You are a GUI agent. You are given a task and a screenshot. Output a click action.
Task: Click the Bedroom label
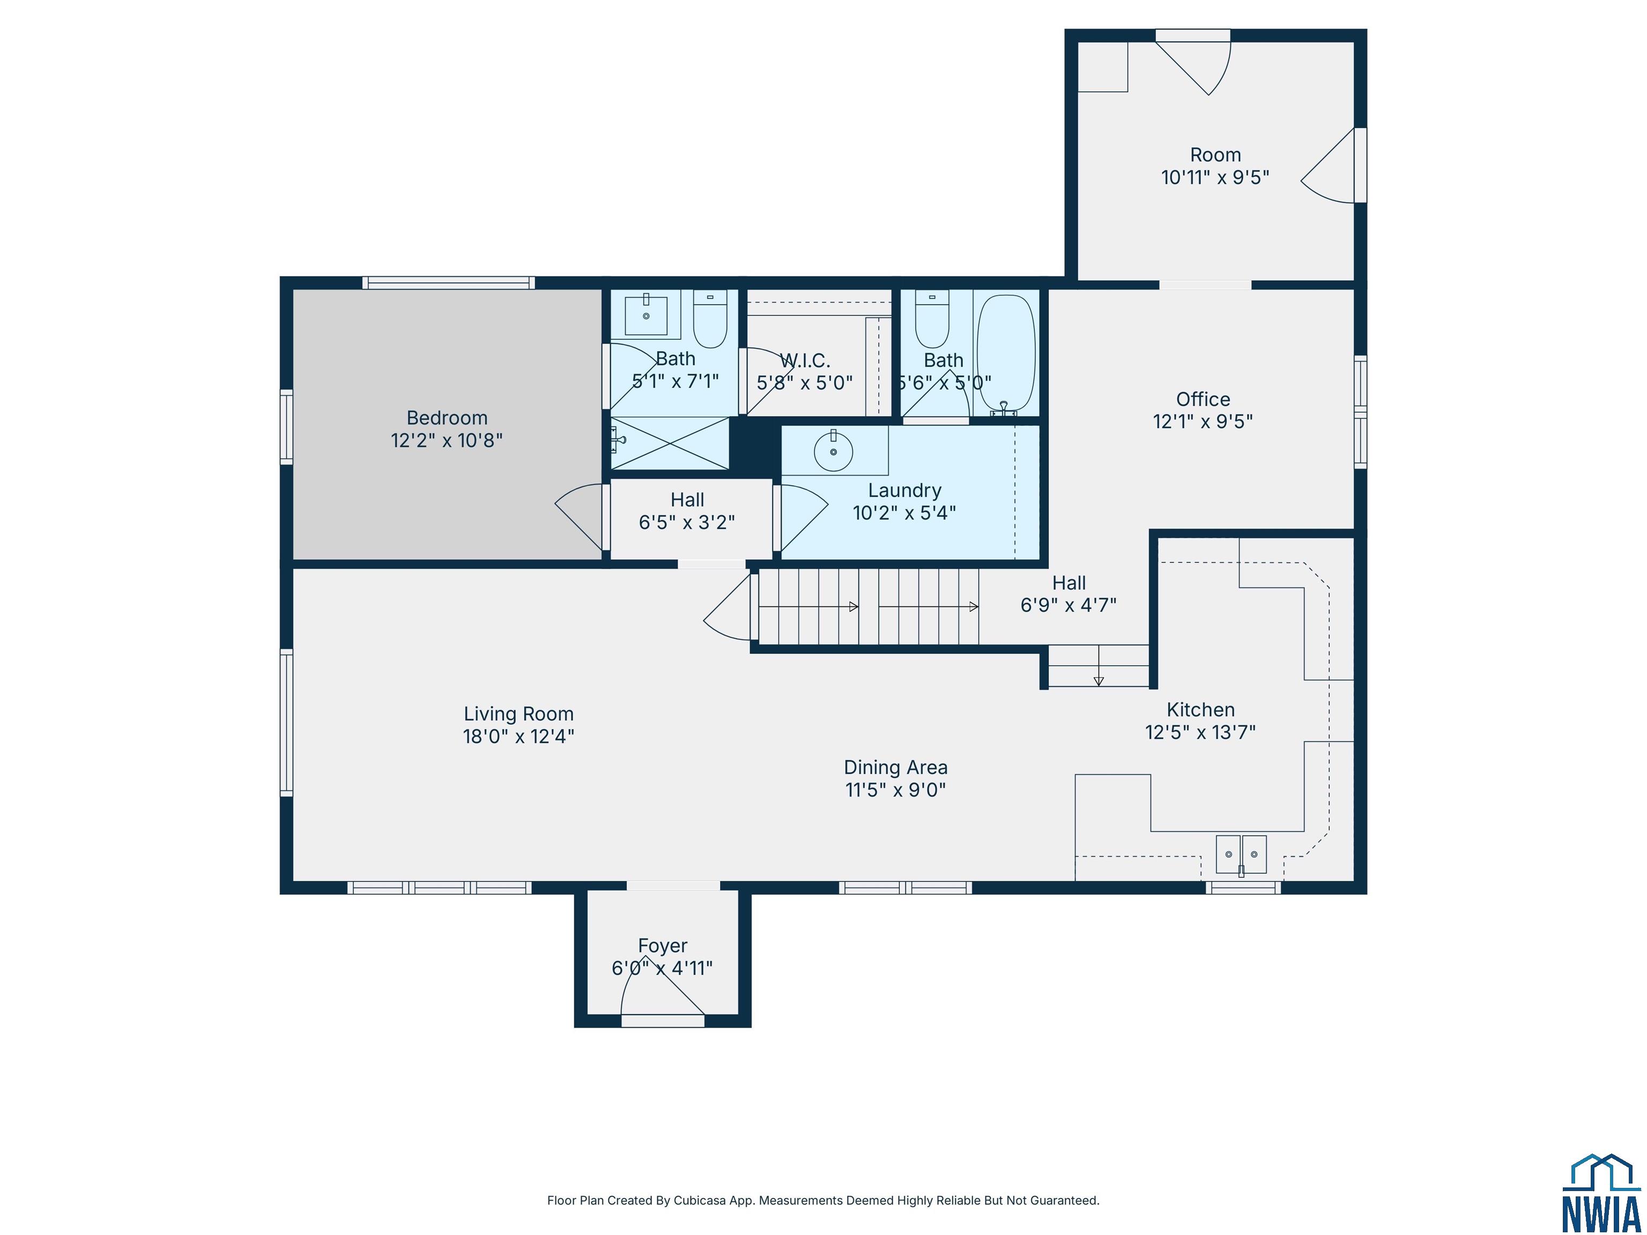(x=447, y=418)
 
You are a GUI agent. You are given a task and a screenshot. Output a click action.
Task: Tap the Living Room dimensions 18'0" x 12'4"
(x=518, y=736)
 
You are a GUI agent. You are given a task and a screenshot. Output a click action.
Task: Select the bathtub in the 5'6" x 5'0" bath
(x=1006, y=354)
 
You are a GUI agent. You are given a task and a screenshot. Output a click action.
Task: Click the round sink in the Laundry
(x=833, y=451)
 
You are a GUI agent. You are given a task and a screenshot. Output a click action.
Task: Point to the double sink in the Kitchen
(x=1241, y=854)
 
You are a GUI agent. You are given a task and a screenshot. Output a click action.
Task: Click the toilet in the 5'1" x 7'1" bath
(x=710, y=318)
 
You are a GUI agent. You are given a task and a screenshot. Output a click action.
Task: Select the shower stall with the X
(x=670, y=443)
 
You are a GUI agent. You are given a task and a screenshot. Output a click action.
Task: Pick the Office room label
(x=1203, y=399)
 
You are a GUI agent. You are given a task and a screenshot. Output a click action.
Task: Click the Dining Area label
(x=896, y=768)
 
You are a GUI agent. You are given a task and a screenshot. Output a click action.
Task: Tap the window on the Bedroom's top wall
(x=448, y=283)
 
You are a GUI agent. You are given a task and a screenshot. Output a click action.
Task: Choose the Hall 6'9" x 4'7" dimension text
(x=1069, y=605)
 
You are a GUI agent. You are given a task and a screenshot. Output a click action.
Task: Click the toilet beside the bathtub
(x=932, y=319)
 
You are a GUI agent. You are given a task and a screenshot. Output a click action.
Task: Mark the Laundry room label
(x=904, y=490)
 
